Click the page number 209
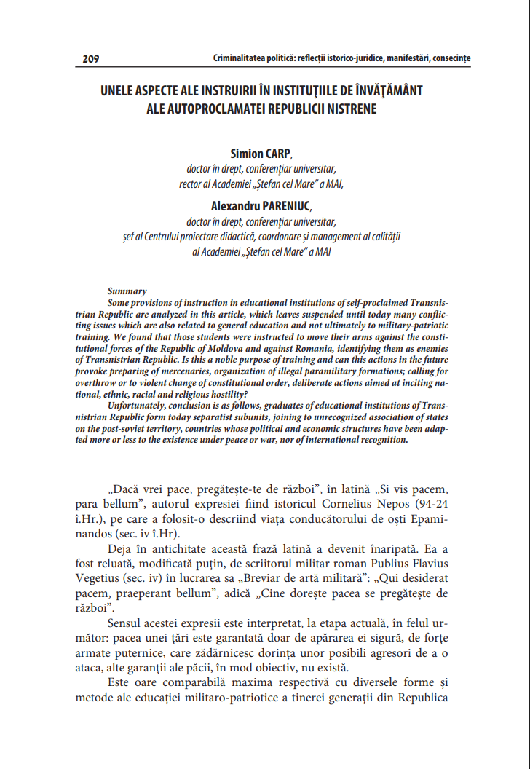point(91,58)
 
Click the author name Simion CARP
point(260,154)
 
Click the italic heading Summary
point(127,291)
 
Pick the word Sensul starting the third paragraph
point(126,624)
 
